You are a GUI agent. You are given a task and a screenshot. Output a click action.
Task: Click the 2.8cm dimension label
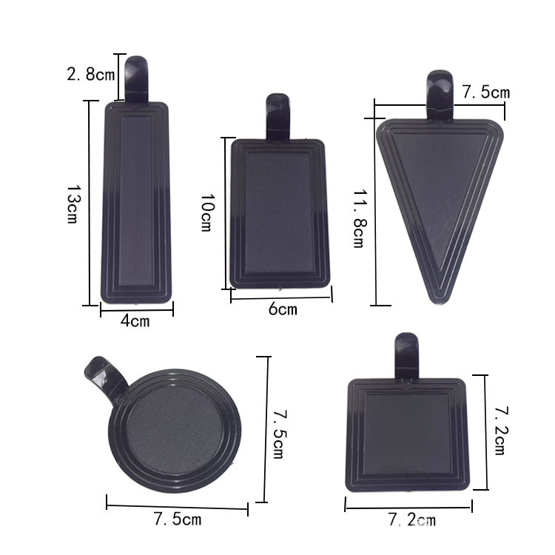click(x=91, y=74)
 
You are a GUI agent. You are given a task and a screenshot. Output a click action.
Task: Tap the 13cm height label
click(x=72, y=205)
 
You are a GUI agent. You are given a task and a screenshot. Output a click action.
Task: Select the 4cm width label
click(x=135, y=321)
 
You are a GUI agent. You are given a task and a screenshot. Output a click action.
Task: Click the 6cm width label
click(x=282, y=309)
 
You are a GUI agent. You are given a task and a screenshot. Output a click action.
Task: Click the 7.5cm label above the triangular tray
click(x=486, y=92)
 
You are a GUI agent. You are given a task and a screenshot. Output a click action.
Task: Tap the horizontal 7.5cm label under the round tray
click(x=178, y=519)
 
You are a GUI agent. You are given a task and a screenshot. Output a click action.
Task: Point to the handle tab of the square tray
click(x=406, y=355)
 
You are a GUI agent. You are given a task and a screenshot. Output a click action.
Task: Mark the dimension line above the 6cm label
click(x=281, y=296)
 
